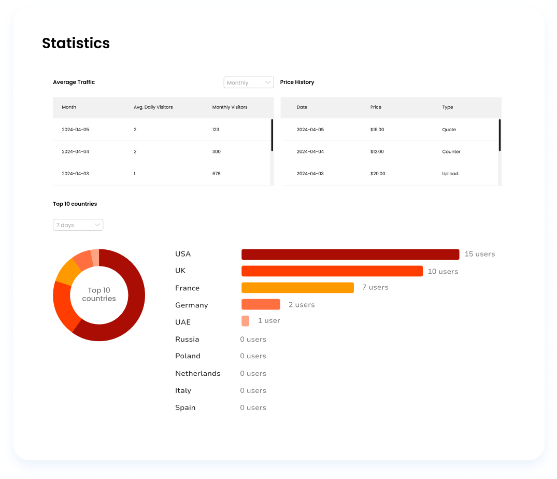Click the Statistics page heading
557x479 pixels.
76,43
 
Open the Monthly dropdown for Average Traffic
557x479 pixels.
249,82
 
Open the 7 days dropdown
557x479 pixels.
78,225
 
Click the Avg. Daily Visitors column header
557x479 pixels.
153,107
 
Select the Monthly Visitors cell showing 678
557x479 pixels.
216,174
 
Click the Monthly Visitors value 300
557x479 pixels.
216,152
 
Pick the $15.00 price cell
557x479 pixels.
377,130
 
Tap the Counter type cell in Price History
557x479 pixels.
451,152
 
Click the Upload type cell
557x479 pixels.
450,174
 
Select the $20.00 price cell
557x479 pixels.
378,174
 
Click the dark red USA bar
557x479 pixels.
350,255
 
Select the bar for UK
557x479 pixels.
332,271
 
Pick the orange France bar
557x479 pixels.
297,288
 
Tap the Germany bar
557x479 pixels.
261,305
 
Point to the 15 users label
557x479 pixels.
479,254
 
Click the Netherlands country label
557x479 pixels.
197,373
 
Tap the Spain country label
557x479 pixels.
185,407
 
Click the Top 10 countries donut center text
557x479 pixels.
99,294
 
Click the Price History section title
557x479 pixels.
297,82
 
